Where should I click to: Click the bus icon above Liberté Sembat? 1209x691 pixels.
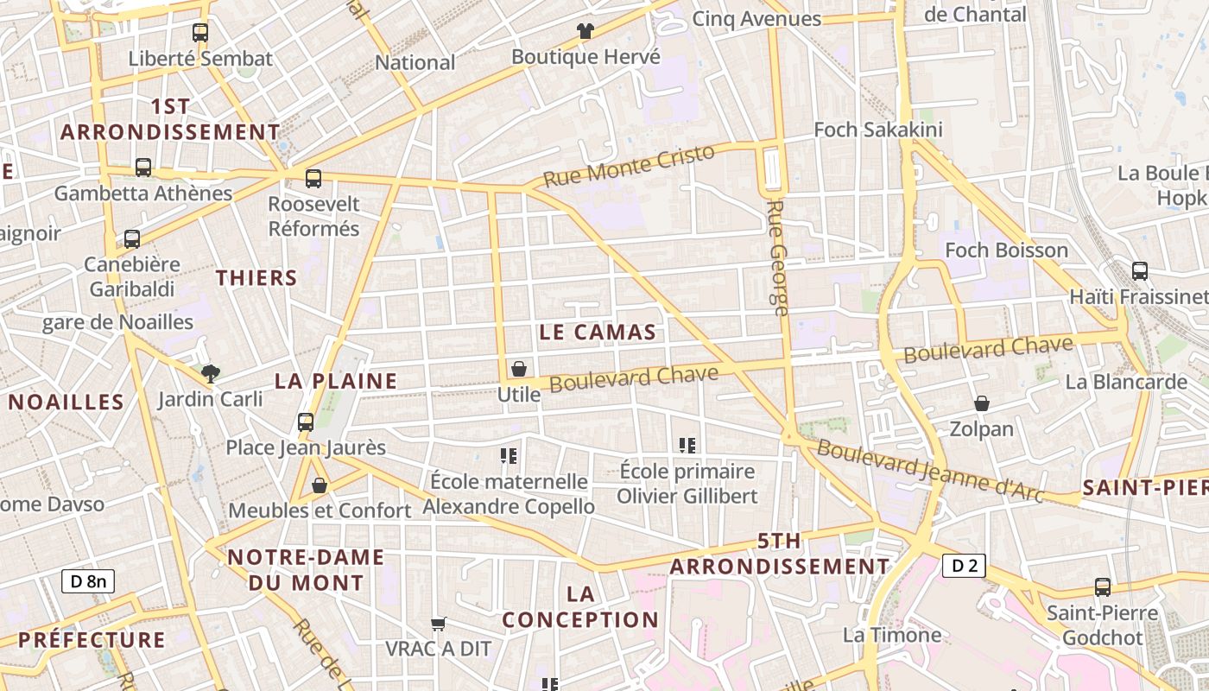(200, 33)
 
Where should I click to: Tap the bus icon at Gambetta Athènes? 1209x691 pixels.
(143, 168)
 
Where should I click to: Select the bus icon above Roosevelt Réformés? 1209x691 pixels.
(313, 179)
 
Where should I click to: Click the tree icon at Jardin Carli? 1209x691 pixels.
(210, 373)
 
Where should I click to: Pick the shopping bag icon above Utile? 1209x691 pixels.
(519, 369)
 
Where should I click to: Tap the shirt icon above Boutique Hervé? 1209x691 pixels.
(586, 31)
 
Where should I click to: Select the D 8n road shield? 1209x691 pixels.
(88, 581)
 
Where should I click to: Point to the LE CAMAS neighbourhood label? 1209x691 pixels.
(598, 332)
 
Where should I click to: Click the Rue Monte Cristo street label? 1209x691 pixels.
(630, 165)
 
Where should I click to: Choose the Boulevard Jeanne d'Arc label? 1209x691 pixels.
(931, 472)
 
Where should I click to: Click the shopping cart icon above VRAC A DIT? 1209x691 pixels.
(439, 624)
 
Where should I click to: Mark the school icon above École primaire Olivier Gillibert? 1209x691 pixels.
(687, 446)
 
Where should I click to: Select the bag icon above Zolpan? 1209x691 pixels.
(982, 403)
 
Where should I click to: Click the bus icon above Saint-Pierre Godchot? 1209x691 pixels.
(1103, 587)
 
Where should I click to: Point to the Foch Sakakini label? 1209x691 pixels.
(878, 130)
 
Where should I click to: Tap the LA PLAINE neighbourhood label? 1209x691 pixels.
(336, 381)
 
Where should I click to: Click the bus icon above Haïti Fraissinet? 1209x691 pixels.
(1140, 271)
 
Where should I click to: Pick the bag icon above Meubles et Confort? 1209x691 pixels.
(320, 485)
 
